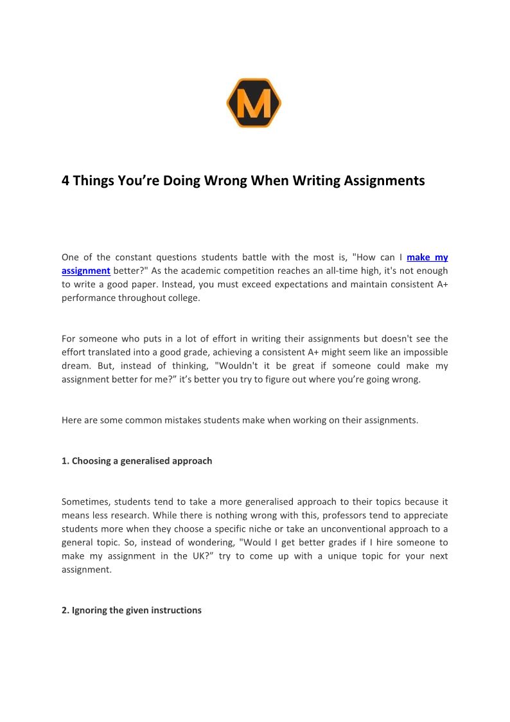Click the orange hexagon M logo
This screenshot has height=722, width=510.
click(x=254, y=103)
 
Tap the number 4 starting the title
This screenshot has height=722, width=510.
click(x=66, y=181)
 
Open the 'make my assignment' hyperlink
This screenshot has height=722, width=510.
click(x=427, y=257)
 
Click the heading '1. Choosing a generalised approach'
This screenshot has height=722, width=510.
click(x=137, y=461)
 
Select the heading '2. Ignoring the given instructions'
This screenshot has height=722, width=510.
click(x=132, y=610)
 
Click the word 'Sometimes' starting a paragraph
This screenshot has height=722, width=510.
click(x=85, y=501)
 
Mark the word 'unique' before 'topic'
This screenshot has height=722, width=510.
click(x=343, y=556)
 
